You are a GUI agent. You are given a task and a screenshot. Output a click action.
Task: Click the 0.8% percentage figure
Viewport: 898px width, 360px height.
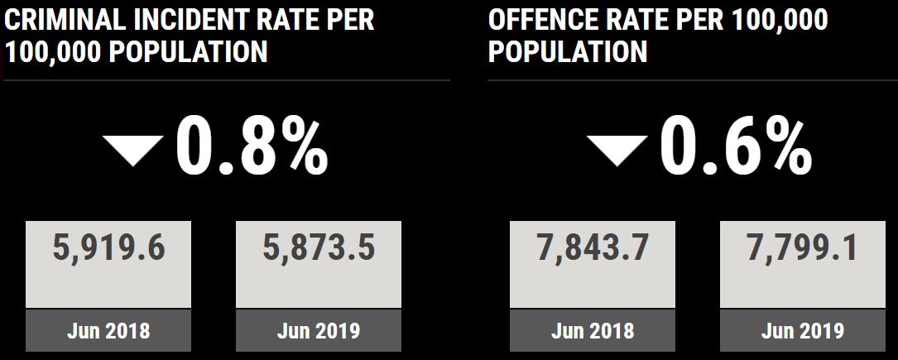(x=252, y=147)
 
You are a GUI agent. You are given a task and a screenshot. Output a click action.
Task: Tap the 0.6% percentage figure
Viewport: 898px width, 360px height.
(x=736, y=147)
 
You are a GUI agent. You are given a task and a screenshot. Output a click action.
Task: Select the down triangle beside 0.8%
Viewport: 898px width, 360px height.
(x=132, y=150)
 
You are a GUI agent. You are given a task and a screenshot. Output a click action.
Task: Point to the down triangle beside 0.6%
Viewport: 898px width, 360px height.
(x=617, y=150)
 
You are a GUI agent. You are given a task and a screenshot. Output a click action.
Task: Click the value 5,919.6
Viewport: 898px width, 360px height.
(x=108, y=247)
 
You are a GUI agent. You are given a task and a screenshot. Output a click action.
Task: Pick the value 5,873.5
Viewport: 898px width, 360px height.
(x=319, y=247)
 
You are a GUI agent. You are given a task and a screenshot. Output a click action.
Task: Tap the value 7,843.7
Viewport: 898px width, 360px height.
(x=593, y=247)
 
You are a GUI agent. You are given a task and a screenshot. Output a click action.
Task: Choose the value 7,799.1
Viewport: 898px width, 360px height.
(x=802, y=247)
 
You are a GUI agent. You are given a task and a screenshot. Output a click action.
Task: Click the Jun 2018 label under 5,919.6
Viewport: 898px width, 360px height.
(x=108, y=331)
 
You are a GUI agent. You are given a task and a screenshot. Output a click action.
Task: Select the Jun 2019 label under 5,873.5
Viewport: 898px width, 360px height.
(x=319, y=331)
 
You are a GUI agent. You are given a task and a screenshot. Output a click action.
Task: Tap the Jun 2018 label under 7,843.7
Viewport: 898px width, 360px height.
(x=593, y=331)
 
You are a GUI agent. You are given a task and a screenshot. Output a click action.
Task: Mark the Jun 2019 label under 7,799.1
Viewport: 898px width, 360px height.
(x=802, y=331)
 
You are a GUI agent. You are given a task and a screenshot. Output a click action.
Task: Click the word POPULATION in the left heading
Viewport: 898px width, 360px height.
(x=189, y=52)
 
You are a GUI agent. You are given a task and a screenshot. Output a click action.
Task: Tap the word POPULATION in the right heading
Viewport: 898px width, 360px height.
(x=568, y=52)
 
